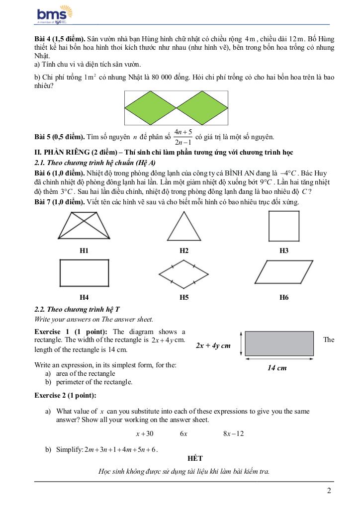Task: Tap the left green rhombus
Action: click(x=150, y=108)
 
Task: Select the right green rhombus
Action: click(x=202, y=108)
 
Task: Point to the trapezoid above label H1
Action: click(x=84, y=226)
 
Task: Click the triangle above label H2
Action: click(x=184, y=227)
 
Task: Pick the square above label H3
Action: click(x=283, y=226)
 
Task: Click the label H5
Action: click(x=184, y=297)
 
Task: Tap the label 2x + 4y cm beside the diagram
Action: click(x=213, y=345)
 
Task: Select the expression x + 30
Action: click(x=145, y=433)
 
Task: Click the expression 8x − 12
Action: click(x=233, y=433)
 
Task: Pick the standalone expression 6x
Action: click(x=183, y=433)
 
